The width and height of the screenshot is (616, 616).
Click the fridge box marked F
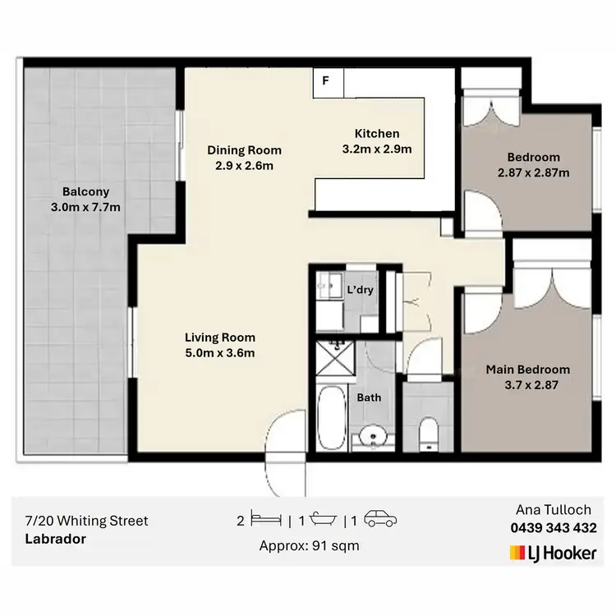(326, 81)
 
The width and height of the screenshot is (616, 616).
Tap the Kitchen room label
(376, 134)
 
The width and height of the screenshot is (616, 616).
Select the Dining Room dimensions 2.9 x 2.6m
(244, 165)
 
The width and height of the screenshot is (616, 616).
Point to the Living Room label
(219, 337)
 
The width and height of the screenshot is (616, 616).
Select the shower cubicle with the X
(337, 359)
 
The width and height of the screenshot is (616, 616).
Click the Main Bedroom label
(527, 369)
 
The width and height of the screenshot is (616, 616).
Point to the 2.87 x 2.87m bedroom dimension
(533, 172)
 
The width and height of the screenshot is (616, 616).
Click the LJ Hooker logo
(553, 553)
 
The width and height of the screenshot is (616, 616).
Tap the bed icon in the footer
(267, 521)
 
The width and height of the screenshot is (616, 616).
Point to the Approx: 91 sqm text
(309, 545)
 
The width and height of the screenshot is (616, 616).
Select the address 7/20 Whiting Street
(86, 521)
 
